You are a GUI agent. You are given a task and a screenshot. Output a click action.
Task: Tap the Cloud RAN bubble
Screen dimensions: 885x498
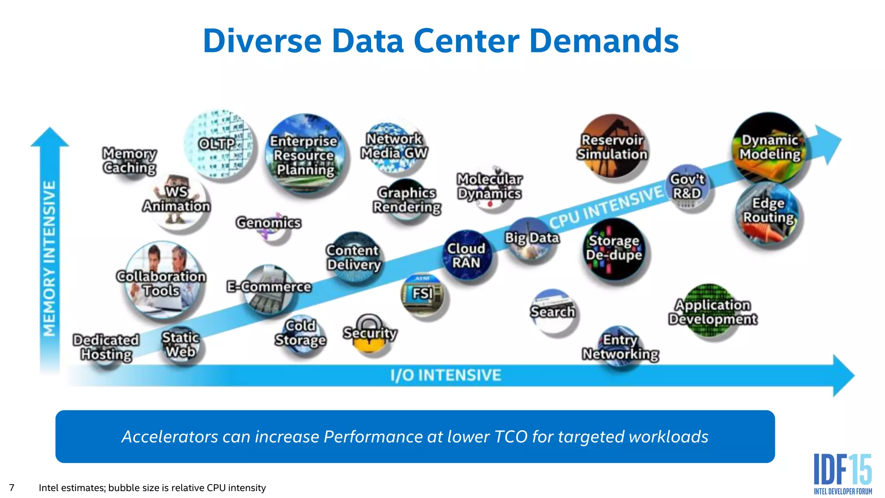click(466, 255)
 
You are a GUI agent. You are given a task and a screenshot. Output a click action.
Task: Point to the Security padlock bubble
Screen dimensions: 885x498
click(369, 334)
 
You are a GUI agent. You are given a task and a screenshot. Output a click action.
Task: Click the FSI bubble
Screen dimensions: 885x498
click(423, 294)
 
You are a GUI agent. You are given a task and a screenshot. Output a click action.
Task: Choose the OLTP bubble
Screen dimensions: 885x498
click(219, 144)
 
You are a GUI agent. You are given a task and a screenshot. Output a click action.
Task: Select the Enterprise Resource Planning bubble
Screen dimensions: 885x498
click(305, 155)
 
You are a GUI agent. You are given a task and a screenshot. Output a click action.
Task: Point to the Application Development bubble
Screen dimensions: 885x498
click(713, 311)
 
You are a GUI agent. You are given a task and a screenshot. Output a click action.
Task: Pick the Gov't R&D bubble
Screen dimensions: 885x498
click(687, 187)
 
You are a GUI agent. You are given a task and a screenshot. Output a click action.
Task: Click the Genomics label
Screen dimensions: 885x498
click(268, 223)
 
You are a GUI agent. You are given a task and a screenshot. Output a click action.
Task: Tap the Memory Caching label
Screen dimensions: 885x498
click(130, 160)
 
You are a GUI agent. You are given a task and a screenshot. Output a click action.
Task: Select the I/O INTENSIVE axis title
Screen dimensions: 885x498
click(446, 375)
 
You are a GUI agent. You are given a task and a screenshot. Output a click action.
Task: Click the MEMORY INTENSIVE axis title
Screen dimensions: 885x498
click(49, 259)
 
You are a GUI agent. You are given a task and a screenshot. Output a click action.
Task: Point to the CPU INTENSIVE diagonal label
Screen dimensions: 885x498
click(606, 207)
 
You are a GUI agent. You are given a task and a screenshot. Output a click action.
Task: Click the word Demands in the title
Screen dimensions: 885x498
click(604, 41)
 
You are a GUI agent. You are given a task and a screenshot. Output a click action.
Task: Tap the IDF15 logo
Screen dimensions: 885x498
click(843, 473)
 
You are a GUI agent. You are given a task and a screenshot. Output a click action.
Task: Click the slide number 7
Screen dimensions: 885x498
click(12, 488)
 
